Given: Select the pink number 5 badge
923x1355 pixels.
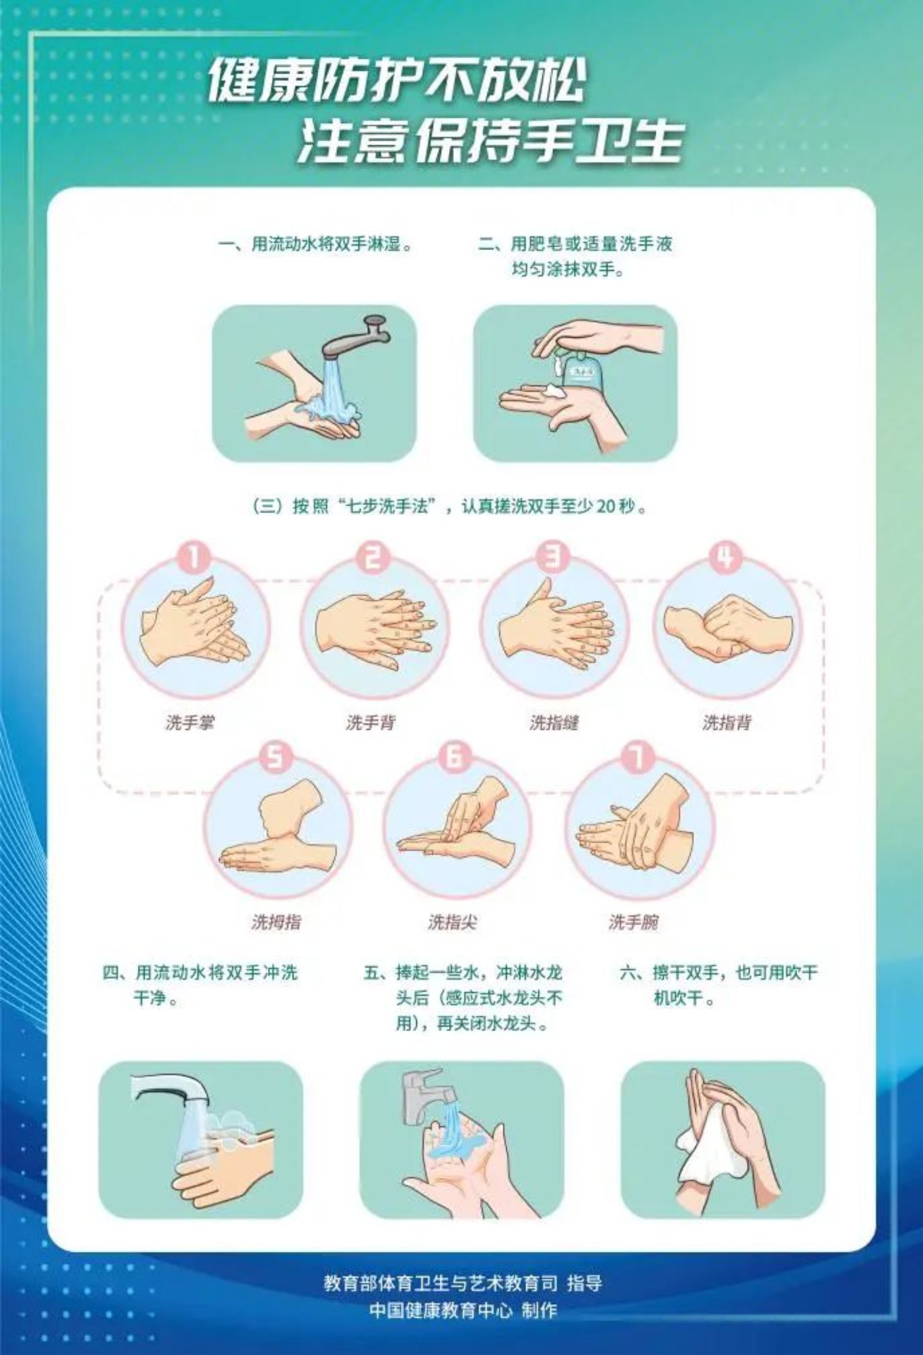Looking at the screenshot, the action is pyautogui.click(x=276, y=758).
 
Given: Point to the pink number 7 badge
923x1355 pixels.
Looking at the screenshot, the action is pyautogui.click(x=638, y=758).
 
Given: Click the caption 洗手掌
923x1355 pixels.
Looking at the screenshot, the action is pyautogui.click(x=190, y=723).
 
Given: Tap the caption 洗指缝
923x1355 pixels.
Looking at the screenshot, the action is pyautogui.click(x=554, y=723).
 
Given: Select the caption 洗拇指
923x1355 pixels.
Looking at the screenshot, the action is pyautogui.click(x=276, y=922).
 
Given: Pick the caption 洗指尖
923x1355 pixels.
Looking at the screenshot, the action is pyautogui.click(x=453, y=922).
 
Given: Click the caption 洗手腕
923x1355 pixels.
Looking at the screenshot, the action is pyautogui.click(x=634, y=922).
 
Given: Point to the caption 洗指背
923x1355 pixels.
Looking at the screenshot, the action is pyautogui.click(x=727, y=723).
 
